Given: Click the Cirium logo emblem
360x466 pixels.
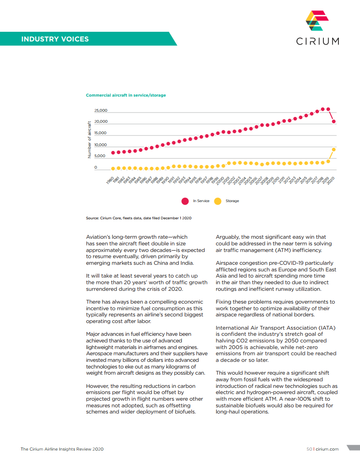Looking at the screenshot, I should [x=317, y=21].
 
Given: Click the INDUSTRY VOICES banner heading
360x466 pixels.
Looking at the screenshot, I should [x=55, y=39].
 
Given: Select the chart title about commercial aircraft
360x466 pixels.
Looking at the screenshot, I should [x=126, y=95].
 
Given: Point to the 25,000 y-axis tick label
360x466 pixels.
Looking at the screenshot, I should [x=101, y=110].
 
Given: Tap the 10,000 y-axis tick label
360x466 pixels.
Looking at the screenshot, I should [x=101, y=145].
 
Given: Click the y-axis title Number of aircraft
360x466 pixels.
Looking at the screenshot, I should [x=89, y=139].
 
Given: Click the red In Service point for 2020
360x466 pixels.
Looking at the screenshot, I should [x=334, y=121].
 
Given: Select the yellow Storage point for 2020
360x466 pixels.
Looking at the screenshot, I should [x=334, y=150].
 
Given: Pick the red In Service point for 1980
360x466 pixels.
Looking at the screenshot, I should [x=113, y=153].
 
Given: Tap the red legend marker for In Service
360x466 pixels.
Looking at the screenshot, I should [x=185, y=201].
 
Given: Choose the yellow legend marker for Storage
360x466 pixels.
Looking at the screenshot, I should [x=217, y=201].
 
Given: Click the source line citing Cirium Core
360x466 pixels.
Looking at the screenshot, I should [x=139, y=218].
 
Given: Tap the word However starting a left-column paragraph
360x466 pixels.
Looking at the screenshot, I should [x=97, y=387].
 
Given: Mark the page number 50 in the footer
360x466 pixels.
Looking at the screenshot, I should [x=309, y=449].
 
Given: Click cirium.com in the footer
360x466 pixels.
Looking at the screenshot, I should [x=327, y=449].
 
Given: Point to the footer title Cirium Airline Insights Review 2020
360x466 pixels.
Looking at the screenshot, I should [x=62, y=449].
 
